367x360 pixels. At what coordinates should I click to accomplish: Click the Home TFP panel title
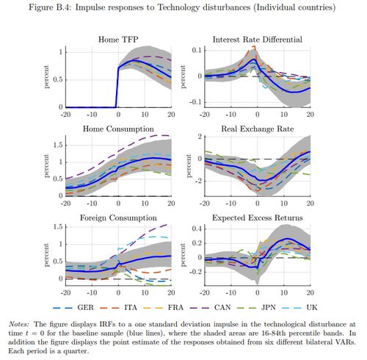tap(118, 40)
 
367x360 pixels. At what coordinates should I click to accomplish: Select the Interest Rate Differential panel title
tap(258, 40)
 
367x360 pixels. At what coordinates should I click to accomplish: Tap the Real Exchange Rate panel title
tap(258, 129)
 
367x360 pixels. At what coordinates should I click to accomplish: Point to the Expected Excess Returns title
tap(258, 218)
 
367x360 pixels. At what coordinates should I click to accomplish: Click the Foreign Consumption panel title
tap(118, 218)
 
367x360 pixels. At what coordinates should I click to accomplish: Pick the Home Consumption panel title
tap(118, 129)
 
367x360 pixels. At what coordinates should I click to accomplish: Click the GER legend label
tap(85, 307)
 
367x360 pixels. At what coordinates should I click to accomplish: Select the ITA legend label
tap(131, 307)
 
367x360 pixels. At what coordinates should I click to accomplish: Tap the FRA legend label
tap(175, 307)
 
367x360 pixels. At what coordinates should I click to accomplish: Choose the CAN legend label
tap(222, 307)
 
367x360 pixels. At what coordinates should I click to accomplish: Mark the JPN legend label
tap(269, 307)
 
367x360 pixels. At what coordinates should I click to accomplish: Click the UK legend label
tap(312, 307)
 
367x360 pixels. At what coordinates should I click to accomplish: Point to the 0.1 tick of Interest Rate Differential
tap(197, 50)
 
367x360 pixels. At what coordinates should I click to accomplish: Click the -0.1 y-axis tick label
tap(195, 102)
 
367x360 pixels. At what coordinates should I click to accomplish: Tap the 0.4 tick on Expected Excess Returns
tap(197, 229)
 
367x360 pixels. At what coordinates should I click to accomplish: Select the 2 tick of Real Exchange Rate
tap(200, 137)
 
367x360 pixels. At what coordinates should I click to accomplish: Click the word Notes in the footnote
tap(19, 324)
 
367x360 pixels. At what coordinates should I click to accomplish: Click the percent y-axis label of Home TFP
tap(46, 76)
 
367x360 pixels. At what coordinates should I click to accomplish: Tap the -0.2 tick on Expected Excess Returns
tap(195, 272)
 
